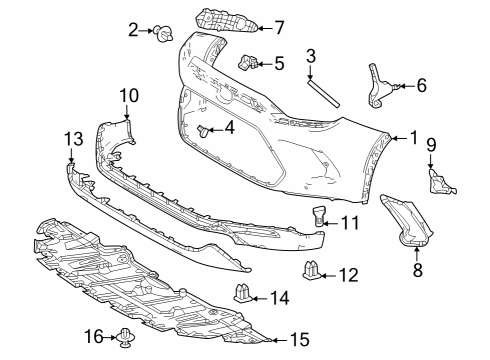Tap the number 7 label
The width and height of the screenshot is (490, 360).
coord(280,27)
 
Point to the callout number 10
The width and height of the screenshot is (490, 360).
coord(129,95)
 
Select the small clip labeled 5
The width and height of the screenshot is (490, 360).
coord(250,65)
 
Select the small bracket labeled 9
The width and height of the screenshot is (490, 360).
coord(437,181)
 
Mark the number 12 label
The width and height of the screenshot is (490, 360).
coord(348,273)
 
